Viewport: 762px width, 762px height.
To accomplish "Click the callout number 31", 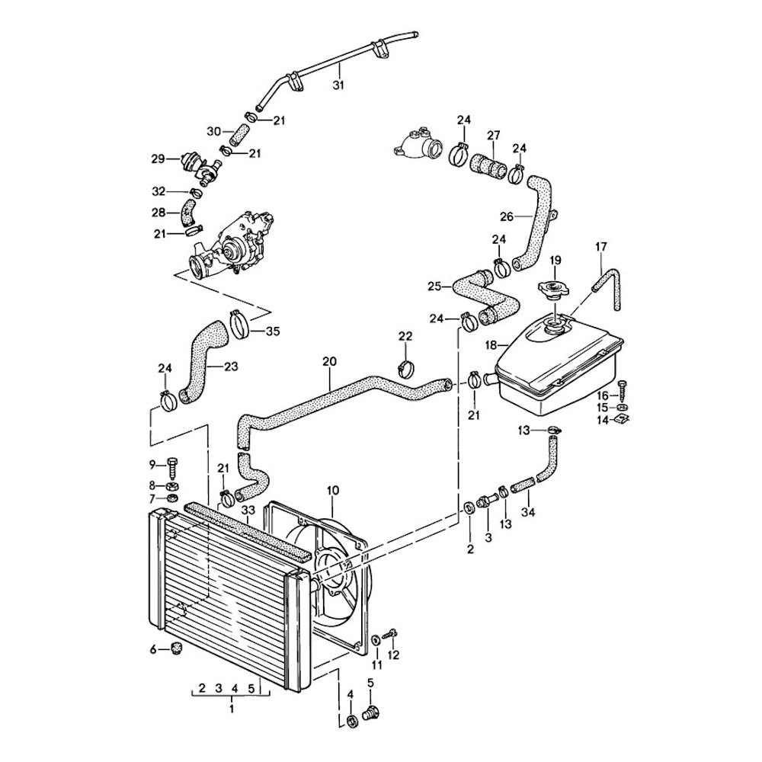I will (x=339, y=86).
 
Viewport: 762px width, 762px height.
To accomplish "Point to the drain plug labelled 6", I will (x=178, y=649).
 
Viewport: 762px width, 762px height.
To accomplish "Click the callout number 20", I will (x=329, y=362).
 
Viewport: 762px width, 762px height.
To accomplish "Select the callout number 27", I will (x=493, y=136).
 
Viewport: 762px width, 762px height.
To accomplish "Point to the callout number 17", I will (x=601, y=246).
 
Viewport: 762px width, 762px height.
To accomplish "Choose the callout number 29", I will (x=158, y=158).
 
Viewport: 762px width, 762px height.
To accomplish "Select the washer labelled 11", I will (x=377, y=639).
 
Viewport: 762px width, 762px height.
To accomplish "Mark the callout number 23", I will (x=232, y=367).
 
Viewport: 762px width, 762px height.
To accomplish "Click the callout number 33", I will (x=248, y=510).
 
